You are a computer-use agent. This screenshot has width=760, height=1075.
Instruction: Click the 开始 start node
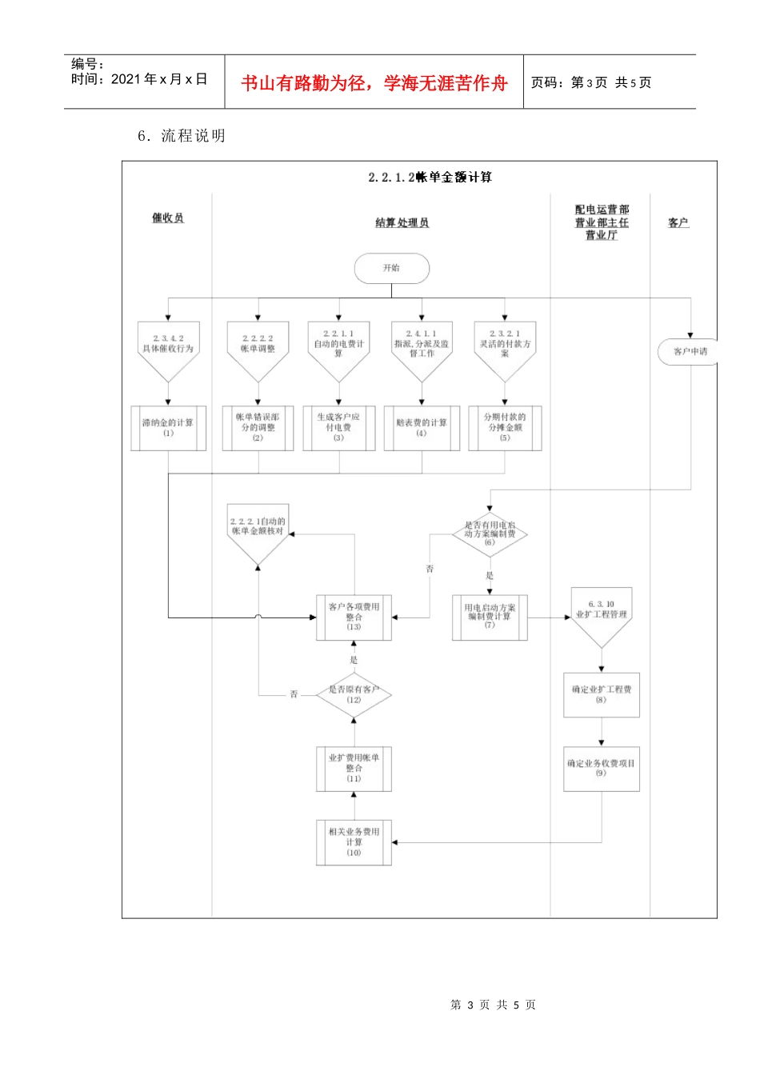click(x=391, y=269)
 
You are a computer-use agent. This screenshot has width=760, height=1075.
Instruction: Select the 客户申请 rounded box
click(x=688, y=351)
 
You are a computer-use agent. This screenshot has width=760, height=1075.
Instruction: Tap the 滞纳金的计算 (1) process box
click(x=168, y=428)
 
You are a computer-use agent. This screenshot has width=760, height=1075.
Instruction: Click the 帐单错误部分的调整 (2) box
click(x=258, y=428)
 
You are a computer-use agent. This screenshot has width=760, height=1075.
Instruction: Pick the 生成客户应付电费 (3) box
click(x=338, y=428)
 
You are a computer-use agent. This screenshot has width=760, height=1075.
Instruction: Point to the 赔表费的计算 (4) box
click(x=422, y=428)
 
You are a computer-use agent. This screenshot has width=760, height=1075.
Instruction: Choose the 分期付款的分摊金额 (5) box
click(x=505, y=428)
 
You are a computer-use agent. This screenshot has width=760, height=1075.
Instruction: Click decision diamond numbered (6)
click(x=490, y=534)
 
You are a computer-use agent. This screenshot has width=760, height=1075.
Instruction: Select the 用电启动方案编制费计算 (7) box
click(x=490, y=617)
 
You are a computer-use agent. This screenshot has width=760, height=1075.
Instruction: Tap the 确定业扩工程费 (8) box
click(x=601, y=694)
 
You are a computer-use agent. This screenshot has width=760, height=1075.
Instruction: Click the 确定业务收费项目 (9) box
click(x=601, y=769)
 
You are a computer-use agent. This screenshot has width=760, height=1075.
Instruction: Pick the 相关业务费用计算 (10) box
click(x=354, y=842)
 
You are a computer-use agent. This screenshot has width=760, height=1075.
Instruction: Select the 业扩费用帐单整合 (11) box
click(x=354, y=769)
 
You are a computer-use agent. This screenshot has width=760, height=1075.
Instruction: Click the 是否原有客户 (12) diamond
click(x=354, y=694)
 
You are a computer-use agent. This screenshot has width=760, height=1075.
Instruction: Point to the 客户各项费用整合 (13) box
click(x=354, y=617)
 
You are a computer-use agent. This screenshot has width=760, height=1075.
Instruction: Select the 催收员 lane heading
click(x=168, y=218)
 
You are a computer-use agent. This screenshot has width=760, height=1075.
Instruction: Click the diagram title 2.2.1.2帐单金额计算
click(x=430, y=177)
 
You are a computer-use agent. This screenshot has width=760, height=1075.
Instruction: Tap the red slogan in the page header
click(x=374, y=83)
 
